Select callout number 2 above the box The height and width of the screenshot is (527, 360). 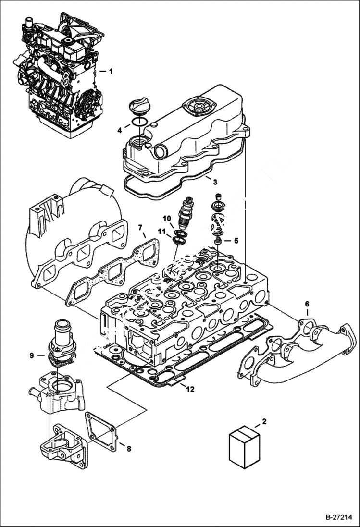click(x=263, y=422)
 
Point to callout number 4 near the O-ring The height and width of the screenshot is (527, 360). click(x=120, y=129)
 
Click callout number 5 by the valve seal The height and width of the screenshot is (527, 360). click(x=236, y=240)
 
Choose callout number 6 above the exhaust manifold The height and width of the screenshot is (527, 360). click(x=307, y=304)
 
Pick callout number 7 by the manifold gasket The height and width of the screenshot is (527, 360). click(x=140, y=227)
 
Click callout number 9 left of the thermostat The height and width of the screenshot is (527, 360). click(x=31, y=355)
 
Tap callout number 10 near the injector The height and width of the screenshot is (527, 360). click(x=166, y=219)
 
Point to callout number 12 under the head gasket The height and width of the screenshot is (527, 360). click(x=190, y=389)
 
